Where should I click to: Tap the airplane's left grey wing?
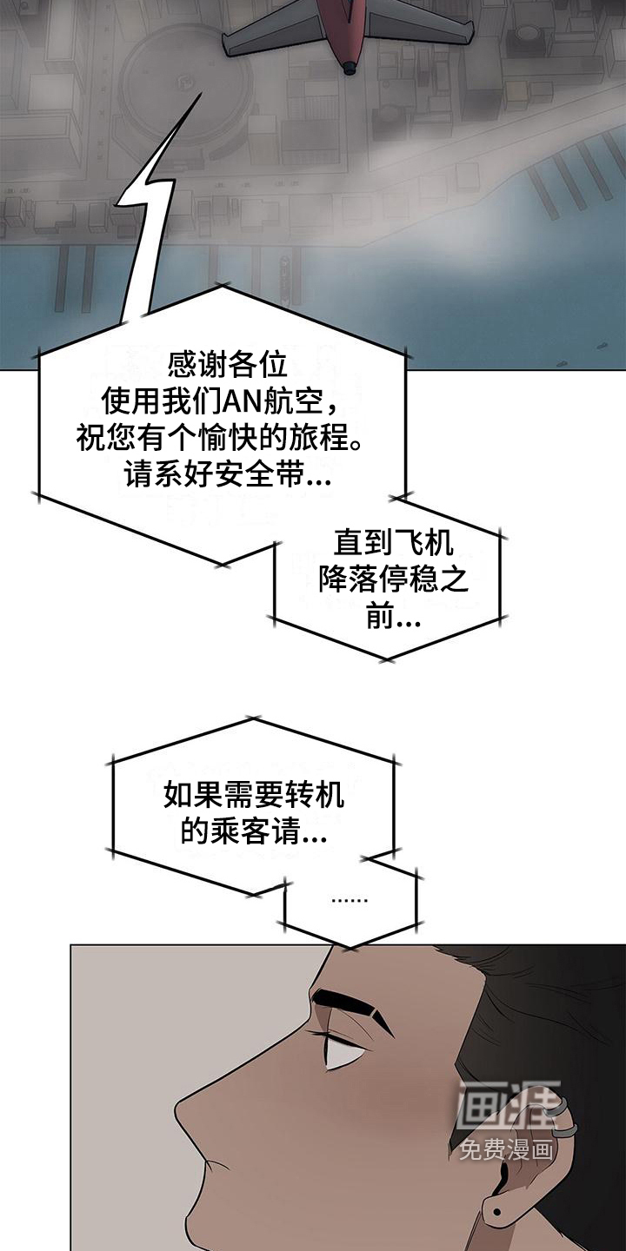click(275, 39)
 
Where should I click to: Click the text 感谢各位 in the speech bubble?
click(228, 365)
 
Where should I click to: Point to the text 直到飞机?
click(393, 542)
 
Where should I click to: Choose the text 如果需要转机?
click(253, 794)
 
